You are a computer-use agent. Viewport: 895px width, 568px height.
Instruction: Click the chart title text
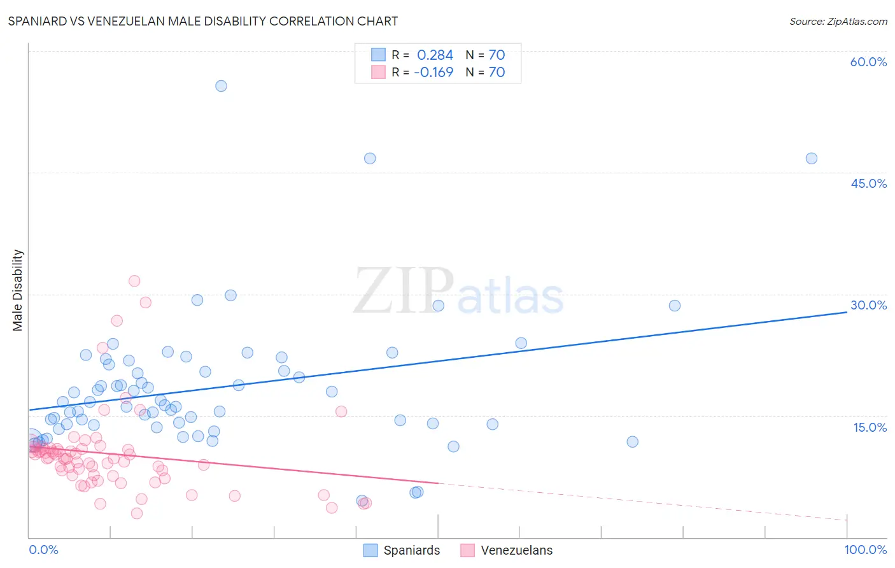pyautogui.click(x=203, y=21)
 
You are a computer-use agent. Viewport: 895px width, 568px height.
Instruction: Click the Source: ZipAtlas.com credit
pyautogui.click(x=838, y=21)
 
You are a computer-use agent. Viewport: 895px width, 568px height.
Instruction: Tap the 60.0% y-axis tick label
pyautogui.click(x=868, y=62)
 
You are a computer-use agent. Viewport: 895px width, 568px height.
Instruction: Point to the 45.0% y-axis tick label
pyautogui.click(x=868, y=183)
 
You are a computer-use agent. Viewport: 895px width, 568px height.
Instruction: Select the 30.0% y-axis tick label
pyautogui.click(x=868, y=305)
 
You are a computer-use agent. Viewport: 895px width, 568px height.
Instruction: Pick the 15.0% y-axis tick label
pyautogui.click(x=870, y=427)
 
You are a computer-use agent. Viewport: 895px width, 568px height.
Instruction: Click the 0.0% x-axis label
pyautogui.click(x=43, y=550)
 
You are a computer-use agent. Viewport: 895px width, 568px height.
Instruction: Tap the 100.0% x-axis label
pyautogui.click(x=865, y=550)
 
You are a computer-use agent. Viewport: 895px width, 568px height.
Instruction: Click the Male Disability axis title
pyautogui.click(x=17, y=290)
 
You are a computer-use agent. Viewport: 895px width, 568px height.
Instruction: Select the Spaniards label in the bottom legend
pyautogui.click(x=411, y=550)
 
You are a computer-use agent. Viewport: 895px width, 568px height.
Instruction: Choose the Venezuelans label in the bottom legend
pyautogui.click(x=516, y=550)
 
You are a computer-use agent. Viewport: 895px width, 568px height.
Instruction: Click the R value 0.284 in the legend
pyautogui.click(x=435, y=55)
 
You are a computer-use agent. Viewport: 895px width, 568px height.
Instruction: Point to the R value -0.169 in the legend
pyautogui.click(x=433, y=72)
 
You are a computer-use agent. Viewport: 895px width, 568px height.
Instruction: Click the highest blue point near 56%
pyautogui.click(x=221, y=86)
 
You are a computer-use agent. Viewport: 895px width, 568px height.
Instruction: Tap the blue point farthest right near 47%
pyautogui.click(x=811, y=159)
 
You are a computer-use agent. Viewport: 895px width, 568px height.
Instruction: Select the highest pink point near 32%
pyautogui.click(x=134, y=281)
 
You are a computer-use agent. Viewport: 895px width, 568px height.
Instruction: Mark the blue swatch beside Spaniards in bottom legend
pyautogui.click(x=370, y=550)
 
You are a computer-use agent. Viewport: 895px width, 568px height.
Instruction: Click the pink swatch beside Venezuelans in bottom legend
pyautogui.click(x=468, y=550)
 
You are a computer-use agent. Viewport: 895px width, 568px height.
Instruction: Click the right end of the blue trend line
pyautogui.click(x=847, y=312)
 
